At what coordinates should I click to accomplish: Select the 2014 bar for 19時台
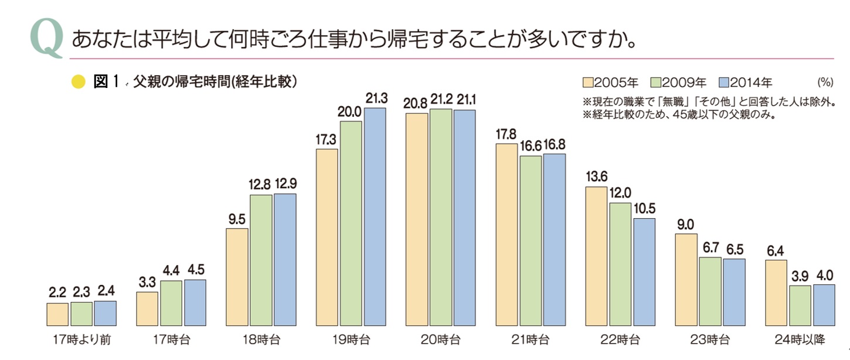point(375,217)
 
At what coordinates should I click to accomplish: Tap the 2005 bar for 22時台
point(597,256)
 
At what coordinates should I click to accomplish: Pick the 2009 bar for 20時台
point(441,217)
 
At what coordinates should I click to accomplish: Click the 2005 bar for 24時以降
point(777,293)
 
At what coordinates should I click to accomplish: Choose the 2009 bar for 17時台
point(171,303)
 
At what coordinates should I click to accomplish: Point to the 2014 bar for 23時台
point(734,292)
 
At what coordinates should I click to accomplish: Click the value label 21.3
point(376,99)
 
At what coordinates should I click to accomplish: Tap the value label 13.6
point(596,176)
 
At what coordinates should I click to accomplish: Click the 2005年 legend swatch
point(588,82)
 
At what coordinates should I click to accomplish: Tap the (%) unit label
point(825,82)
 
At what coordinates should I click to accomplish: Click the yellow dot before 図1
point(79,83)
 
